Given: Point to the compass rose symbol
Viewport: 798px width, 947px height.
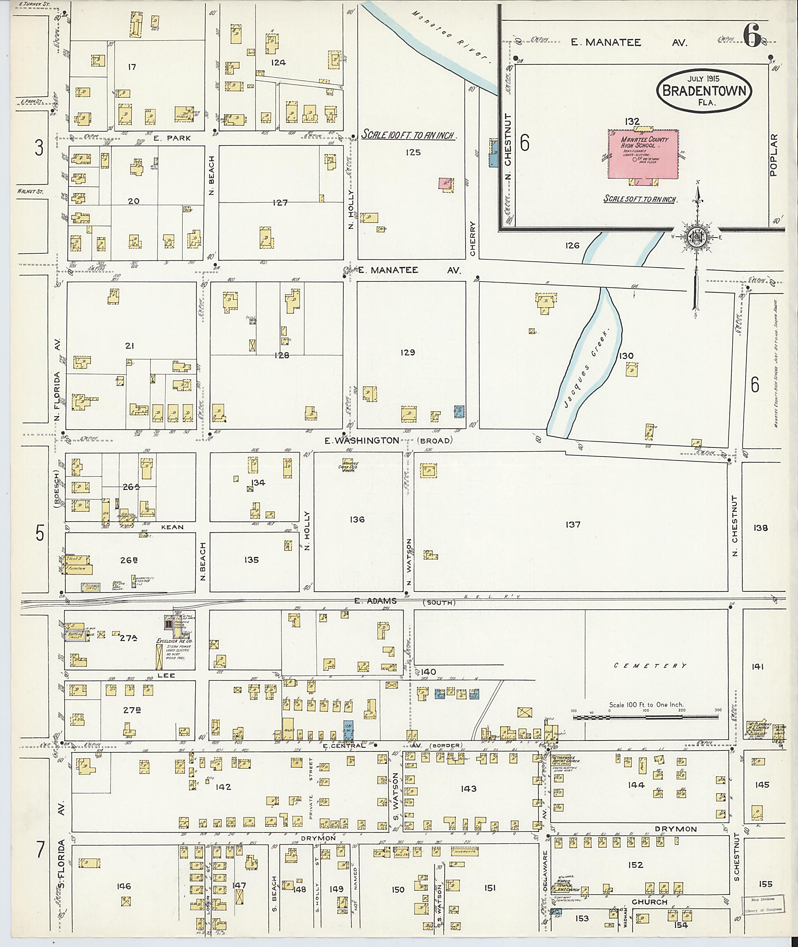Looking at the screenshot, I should point(697,238).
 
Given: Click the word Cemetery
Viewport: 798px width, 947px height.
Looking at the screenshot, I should point(650,666).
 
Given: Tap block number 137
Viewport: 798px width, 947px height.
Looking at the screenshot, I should point(573,524).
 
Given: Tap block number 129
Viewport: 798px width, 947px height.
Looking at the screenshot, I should point(407,352).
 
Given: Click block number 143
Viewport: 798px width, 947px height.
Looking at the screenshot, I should point(469,789).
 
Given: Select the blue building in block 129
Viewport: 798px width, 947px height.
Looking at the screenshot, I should point(459,411).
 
